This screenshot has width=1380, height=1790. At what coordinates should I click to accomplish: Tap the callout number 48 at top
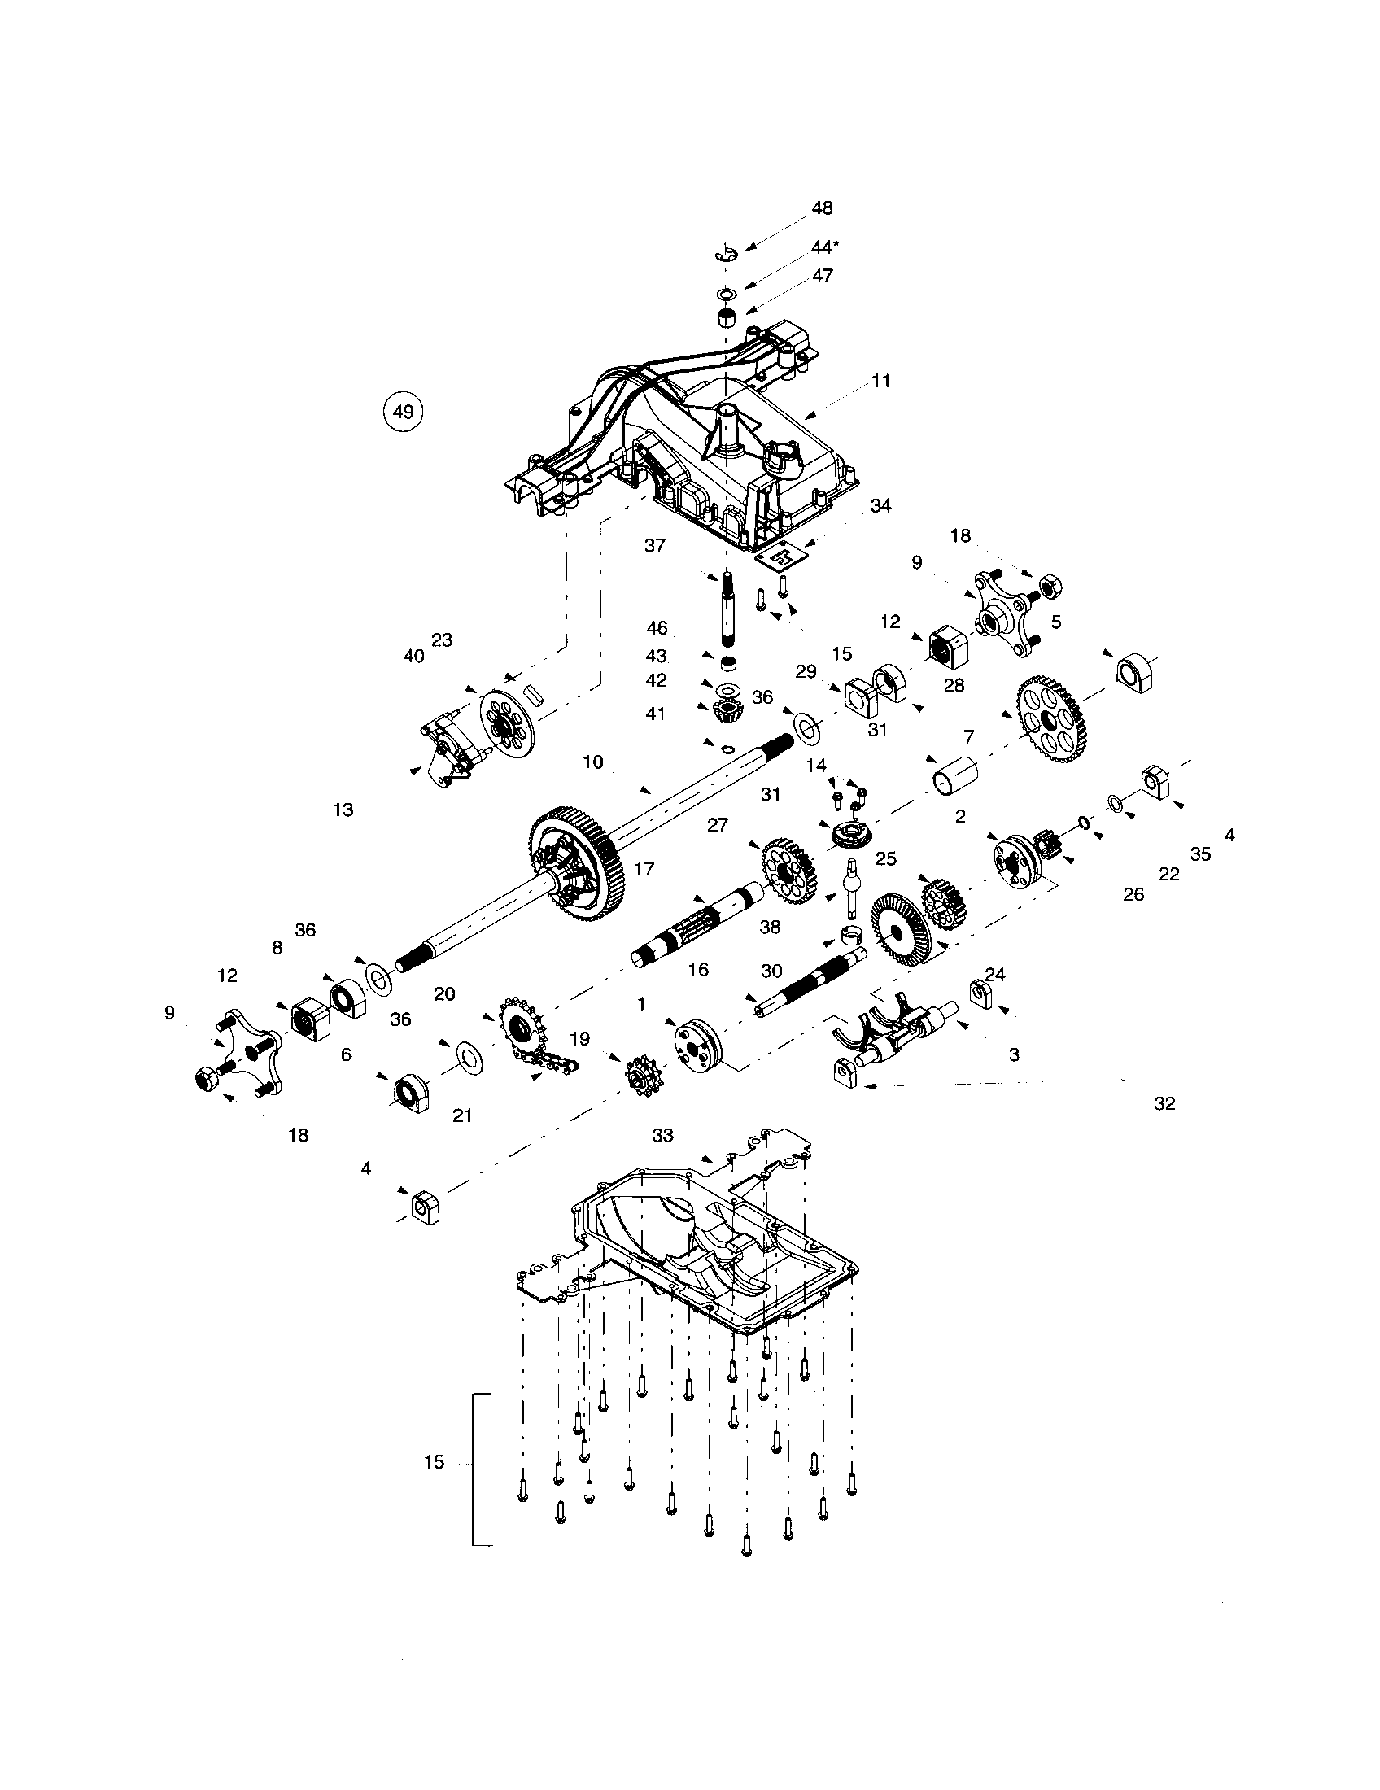point(822,208)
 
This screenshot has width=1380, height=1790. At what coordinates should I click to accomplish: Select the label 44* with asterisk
point(825,247)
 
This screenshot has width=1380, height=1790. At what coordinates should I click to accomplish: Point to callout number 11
point(881,381)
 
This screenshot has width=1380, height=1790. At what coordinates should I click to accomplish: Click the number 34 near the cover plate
point(880,506)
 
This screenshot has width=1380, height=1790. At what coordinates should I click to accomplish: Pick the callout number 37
point(655,545)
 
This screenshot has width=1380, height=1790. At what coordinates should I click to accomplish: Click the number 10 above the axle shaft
point(592,762)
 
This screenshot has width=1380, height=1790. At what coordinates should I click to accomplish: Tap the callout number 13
point(343,810)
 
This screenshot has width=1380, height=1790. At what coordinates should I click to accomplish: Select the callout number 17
point(644,868)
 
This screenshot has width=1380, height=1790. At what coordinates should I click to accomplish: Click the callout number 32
point(1164,1103)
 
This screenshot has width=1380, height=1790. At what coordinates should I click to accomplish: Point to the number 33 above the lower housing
point(662,1135)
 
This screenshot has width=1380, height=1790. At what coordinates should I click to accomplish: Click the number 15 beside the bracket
point(435,1462)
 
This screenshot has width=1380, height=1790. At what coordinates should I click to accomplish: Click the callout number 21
point(462,1115)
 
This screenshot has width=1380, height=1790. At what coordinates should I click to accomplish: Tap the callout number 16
point(698,970)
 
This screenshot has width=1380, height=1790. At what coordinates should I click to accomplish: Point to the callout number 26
point(1133,894)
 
